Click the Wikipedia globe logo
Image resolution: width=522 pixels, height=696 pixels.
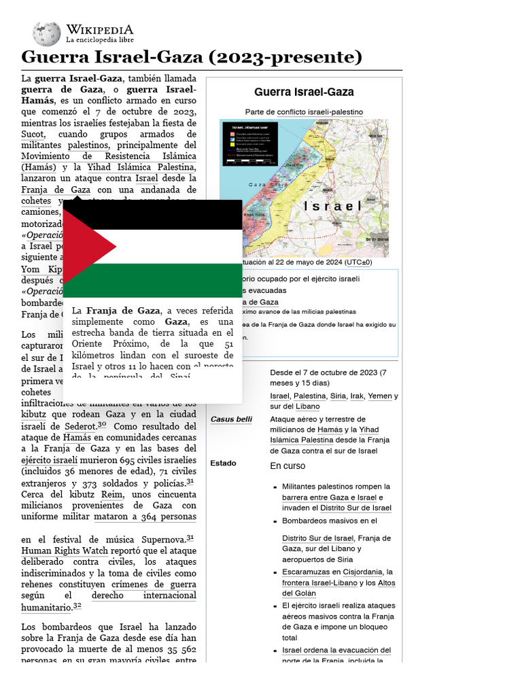[46, 33]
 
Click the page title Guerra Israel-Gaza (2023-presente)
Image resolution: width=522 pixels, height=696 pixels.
[192, 57]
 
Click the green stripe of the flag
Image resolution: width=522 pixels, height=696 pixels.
[152, 280]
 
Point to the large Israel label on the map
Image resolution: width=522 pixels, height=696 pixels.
[332, 205]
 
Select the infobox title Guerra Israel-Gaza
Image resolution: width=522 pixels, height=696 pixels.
[304, 92]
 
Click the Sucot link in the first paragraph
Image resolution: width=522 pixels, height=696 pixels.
[33, 135]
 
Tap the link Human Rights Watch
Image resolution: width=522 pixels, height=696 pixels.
[64, 551]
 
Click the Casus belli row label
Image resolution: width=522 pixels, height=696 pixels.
[231, 419]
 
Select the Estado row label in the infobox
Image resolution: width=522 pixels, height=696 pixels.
[224, 464]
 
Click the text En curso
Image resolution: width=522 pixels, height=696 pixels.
[288, 466]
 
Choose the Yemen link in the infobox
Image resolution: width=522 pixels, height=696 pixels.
[379, 396]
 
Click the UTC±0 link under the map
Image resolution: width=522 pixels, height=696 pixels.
[357, 262]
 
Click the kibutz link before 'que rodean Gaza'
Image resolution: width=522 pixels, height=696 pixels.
[34, 414]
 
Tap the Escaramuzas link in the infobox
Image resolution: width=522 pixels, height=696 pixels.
[304, 572]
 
